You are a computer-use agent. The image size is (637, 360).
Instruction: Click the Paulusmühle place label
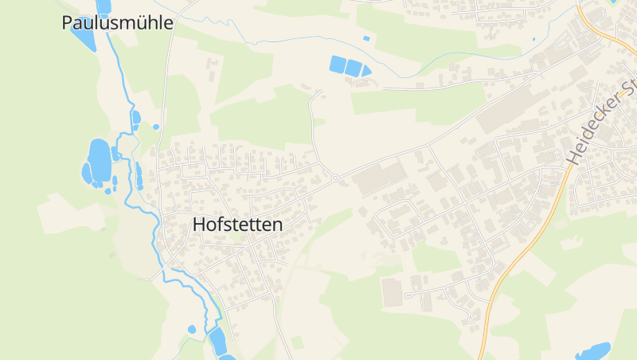point(117,23)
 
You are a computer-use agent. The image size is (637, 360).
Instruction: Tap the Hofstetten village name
point(237,225)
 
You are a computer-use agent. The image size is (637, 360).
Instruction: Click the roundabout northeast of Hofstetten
point(335,178)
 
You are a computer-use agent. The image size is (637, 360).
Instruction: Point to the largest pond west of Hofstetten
point(100,159)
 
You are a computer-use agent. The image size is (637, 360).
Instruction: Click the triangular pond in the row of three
point(365,71)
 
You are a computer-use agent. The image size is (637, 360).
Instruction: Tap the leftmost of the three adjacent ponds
point(338,65)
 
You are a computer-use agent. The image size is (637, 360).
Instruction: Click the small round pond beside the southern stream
point(192,329)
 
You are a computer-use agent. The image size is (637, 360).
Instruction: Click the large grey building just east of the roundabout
point(379,177)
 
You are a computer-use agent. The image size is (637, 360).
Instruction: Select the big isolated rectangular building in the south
point(392,292)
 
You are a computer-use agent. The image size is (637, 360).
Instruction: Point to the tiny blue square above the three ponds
point(366,38)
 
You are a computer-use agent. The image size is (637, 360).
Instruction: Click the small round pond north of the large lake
point(156,127)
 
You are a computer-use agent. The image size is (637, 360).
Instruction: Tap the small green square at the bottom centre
point(297,342)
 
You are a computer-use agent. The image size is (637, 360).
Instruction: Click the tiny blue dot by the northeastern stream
point(533,38)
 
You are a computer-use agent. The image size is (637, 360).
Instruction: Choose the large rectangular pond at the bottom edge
point(217,341)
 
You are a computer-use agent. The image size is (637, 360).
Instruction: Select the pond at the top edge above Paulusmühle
point(104,6)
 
